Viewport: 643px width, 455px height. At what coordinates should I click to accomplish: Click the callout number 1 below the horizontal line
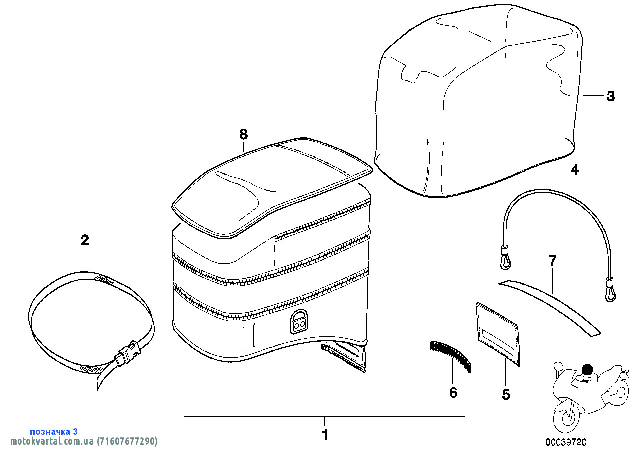324,435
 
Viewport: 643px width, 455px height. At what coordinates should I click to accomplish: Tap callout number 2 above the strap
85,240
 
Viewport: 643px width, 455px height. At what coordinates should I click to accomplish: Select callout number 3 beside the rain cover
611,96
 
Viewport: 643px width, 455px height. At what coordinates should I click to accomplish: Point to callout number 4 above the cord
575,170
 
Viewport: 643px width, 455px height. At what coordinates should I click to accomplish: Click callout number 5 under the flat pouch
506,394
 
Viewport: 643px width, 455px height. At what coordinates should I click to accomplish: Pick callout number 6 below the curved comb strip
453,392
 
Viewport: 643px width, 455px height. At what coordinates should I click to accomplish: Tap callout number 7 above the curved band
552,260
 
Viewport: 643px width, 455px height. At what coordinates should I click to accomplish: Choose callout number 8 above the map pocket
244,134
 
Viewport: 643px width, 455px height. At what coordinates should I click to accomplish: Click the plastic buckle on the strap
127,354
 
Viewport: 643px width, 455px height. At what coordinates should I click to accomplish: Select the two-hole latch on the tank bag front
298,321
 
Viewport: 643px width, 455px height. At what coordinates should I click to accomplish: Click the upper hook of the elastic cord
506,259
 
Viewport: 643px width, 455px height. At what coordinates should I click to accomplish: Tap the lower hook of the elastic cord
610,290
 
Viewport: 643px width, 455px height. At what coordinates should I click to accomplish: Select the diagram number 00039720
566,442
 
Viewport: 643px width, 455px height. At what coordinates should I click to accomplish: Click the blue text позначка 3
54,431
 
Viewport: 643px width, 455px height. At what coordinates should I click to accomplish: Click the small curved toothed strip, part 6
450,356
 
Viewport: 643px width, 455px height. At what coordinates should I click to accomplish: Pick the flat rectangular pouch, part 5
498,334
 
